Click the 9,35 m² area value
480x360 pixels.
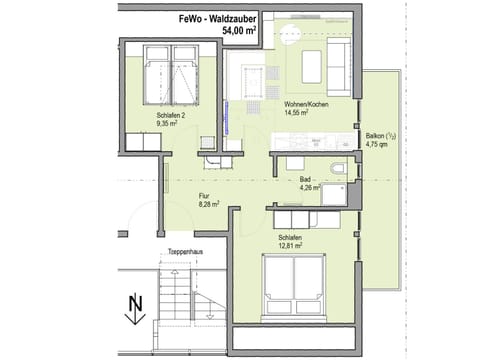170,126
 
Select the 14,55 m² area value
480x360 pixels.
300,115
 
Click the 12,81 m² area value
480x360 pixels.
292,246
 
